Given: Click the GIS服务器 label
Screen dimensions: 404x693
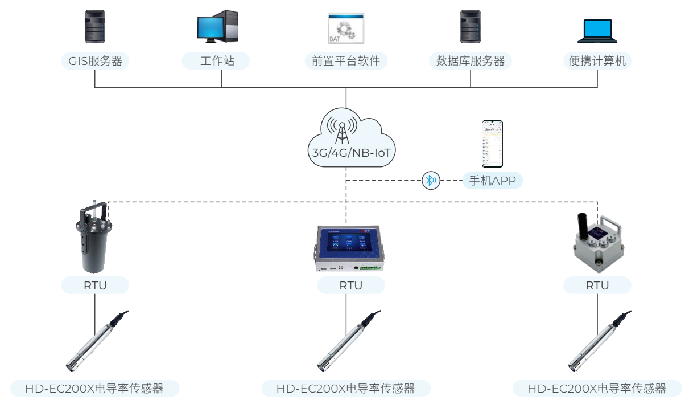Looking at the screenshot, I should click(x=95, y=61).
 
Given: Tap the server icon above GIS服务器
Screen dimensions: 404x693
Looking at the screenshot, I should click(x=95, y=26).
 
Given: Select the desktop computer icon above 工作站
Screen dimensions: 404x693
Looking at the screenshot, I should click(x=217, y=27).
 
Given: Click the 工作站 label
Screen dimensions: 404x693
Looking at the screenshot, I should click(x=216, y=61).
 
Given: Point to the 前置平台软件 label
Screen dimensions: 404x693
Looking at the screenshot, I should click(x=345, y=61).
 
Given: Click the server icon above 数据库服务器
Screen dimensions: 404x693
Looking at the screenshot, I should click(x=471, y=26).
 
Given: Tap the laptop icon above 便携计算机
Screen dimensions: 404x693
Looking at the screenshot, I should click(x=597, y=31).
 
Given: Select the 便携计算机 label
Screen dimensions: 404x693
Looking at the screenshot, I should click(x=597, y=61).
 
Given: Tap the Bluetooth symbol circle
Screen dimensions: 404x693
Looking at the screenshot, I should click(x=431, y=181).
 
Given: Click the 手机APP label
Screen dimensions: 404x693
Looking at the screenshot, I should click(x=492, y=181).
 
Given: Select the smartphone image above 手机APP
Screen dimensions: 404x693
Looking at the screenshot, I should click(x=492, y=144).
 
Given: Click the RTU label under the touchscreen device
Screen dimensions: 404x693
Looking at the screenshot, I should click(x=350, y=285).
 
